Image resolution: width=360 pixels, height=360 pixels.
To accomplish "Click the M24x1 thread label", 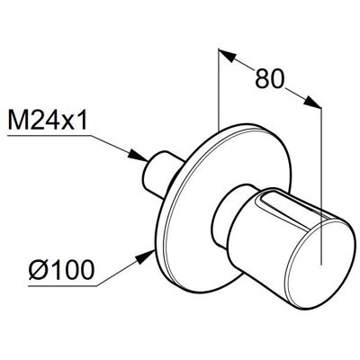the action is tap(48, 120).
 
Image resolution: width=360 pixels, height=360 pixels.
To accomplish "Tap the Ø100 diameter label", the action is tap(61, 270).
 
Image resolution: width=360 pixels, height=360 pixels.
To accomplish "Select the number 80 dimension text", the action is tap(269, 78).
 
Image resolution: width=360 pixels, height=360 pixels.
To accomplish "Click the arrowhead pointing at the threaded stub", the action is tap(139, 156).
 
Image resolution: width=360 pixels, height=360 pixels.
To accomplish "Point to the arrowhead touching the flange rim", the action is tap(146, 257).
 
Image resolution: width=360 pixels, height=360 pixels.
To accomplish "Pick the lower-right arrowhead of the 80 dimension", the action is tap(312, 102).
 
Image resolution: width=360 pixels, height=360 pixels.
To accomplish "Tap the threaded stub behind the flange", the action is tap(159, 175).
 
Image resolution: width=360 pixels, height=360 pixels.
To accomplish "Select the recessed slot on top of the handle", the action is tap(292, 207).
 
